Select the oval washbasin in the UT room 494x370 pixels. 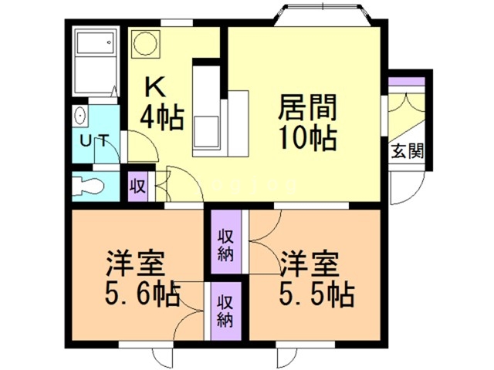80,117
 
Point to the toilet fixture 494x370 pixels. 89,185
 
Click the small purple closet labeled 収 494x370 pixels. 138,186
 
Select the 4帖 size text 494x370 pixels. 161,117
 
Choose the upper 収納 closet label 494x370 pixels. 225,244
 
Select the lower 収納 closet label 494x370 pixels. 225,309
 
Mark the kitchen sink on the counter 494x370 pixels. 208,128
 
